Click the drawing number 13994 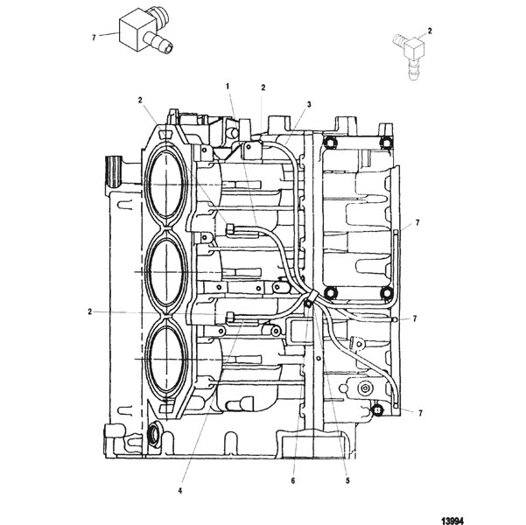tap(452, 521)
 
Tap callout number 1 tap(228, 87)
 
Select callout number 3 tap(309, 104)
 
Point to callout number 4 tap(180, 491)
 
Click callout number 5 tap(347, 480)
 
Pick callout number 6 tap(293, 480)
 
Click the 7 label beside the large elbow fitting tap(94, 38)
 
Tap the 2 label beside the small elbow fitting tap(430, 31)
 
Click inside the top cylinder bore tap(166, 184)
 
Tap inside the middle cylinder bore tap(166, 272)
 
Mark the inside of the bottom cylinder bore tap(166, 359)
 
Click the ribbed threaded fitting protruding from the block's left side tap(114, 172)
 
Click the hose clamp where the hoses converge tap(311, 297)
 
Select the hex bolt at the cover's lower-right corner tap(387, 293)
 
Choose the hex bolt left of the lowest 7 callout tap(377, 409)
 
